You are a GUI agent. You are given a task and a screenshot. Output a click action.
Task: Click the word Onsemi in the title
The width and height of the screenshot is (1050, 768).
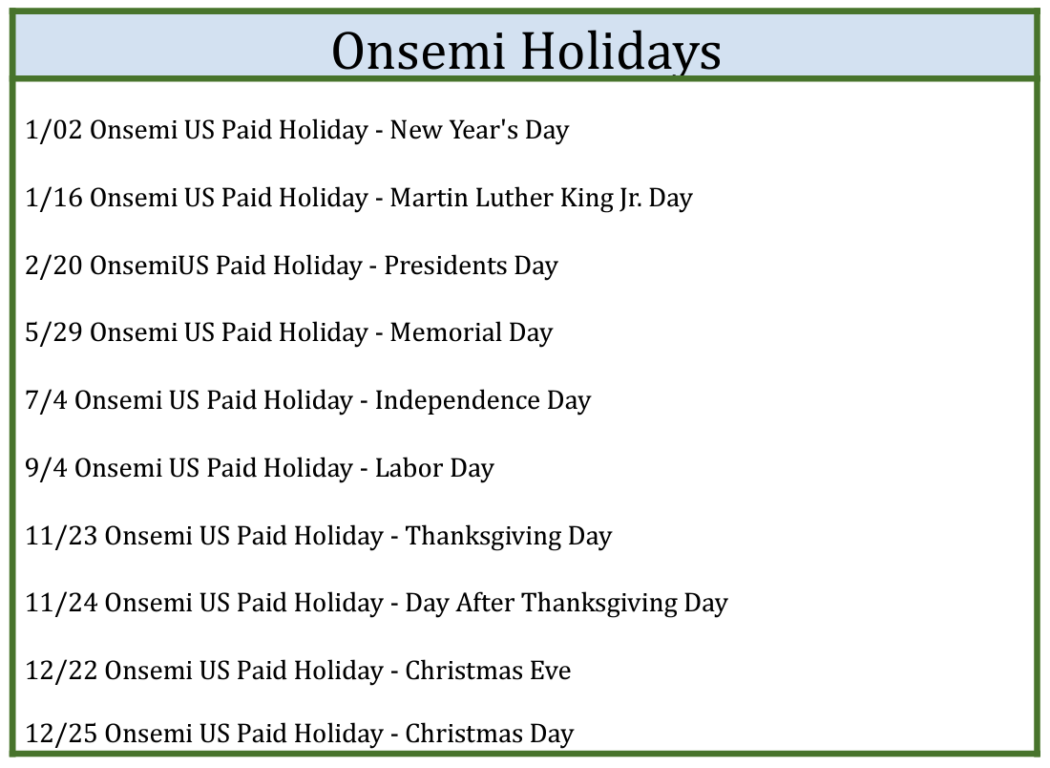[x=418, y=51]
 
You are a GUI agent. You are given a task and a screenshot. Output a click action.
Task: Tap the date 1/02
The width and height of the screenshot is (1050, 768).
[x=53, y=130]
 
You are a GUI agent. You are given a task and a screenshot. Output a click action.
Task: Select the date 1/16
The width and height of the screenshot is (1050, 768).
[x=53, y=198]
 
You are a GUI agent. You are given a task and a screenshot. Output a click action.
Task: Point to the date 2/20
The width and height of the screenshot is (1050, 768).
[x=53, y=266]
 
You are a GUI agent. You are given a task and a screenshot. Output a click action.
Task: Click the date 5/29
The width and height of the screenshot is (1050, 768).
[x=53, y=332]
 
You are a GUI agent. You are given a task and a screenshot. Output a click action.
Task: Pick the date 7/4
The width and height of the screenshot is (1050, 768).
[x=46, y=400]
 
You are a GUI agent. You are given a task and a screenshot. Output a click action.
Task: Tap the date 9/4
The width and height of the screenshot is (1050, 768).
[x=46, y=468]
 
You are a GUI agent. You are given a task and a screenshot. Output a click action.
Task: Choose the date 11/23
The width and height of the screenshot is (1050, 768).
[x=62, y=536]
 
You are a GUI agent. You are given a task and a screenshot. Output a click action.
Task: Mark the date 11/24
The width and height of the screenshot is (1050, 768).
[x=62, y=603]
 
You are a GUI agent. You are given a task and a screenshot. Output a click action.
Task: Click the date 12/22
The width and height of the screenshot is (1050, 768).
[x=62, y=671]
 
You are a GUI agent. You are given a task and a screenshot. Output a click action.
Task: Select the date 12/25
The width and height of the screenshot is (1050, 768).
[x=62, y=734]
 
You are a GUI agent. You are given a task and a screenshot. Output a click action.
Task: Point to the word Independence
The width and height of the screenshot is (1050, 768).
[x=457, y=400]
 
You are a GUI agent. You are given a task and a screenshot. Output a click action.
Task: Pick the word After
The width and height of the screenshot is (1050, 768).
[x=486, y=603]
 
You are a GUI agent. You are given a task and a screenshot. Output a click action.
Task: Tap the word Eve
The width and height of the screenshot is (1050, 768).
[x=551, y=671]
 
